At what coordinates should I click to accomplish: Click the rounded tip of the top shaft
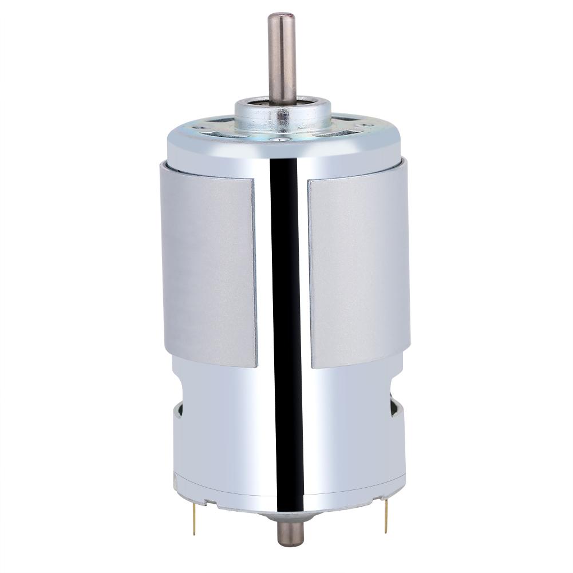point(282,16)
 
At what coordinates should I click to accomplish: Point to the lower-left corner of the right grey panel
point(311,366)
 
